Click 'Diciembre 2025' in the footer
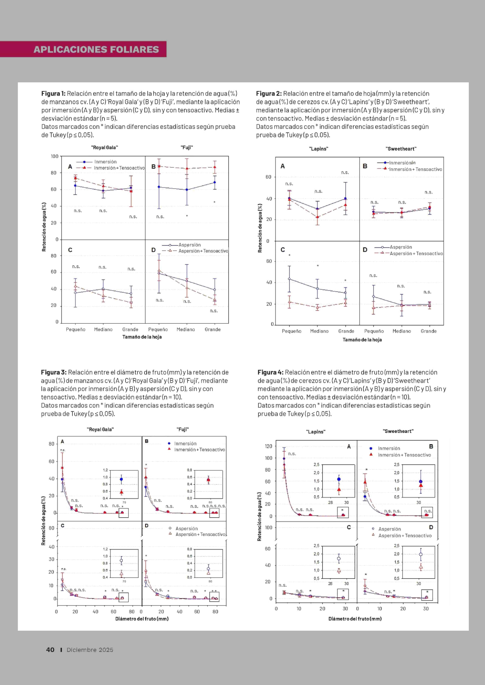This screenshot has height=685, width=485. coord(90,650)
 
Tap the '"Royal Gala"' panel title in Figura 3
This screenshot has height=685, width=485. coord(100,430)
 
